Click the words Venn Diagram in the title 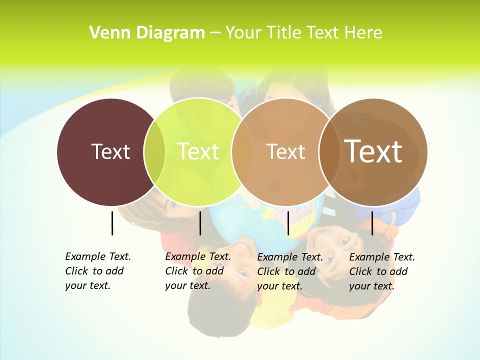tap(147, 33)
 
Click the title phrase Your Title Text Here tap(303, 33)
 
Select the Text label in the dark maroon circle tap(110, 151)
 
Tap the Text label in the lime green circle tap(198, 151)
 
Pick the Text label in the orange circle tap(285, 151)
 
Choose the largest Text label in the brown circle tap(373, 151)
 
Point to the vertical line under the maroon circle tap(112, 223)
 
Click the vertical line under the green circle tap(200, 223)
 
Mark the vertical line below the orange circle tap(288, 223)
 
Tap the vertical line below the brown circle tap(372, 223)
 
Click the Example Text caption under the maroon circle tap(98, 271)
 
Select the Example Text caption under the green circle tap(198, 271)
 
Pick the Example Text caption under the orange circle tap(290, 271)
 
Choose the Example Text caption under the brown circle tap(382, 271)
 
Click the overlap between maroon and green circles tap(154, 151)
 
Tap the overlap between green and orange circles tap(242, 151)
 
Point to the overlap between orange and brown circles tap(329, 151)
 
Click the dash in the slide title tap(215, 33)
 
